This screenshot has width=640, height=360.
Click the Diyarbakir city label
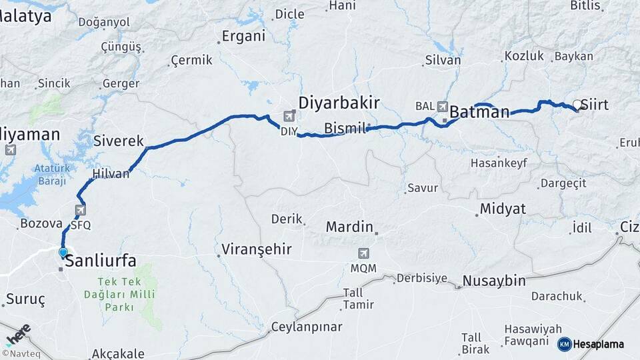(x=339, y=103)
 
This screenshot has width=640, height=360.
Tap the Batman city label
(x=480, y=112)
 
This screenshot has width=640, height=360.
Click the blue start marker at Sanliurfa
(x=63, y=253)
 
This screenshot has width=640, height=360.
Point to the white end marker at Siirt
(x=577, y=104)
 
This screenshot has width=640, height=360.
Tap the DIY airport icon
(x=289, y=116)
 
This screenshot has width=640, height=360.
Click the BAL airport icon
(x=443, y=106)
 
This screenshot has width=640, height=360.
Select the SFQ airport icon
(x=81, y=210)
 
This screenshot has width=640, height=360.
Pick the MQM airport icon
(x=363, y=253)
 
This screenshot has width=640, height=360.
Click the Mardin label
(x=349, y=227)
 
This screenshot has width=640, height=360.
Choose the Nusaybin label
(x=494, y=281)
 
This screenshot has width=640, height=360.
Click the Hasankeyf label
(x=495, y=163)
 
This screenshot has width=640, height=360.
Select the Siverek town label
(x=119, y=141)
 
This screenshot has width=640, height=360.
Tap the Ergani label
(x=243, y=36)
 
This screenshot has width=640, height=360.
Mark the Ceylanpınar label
(x=307, y=327)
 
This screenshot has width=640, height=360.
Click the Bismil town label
(x=345, y=128)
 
